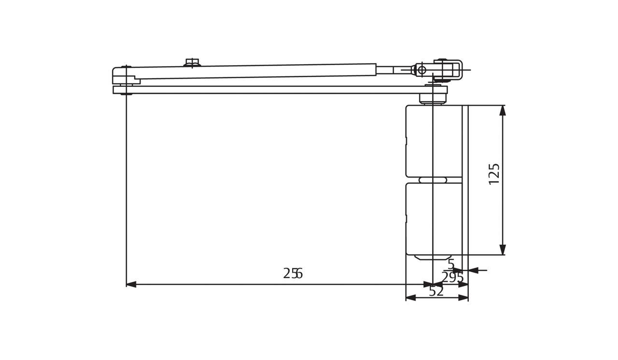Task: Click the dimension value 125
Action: point(494,174)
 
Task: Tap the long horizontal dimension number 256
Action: point(293,274)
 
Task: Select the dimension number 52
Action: point(436,291)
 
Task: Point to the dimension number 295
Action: point(452,278)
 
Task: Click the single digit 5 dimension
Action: point(451,264)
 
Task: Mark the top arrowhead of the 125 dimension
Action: point(503,111)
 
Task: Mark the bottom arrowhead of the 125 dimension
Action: point(503,249)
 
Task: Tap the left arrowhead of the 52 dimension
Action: point(411,298)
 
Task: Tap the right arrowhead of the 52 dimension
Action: point(463,298)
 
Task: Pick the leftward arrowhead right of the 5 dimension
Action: point(473,270)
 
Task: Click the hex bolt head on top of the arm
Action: point(192,62)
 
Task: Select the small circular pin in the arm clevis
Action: point(422,70)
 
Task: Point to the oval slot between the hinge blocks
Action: point(433,180)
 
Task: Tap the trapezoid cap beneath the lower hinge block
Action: point(433,257)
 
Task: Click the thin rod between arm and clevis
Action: point(393,70)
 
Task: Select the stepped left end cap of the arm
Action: point(124,76)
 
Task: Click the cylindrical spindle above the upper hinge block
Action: point(433,98)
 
